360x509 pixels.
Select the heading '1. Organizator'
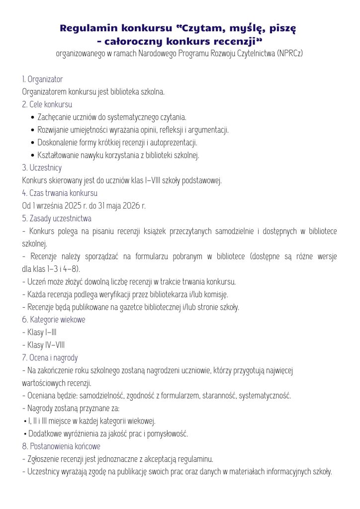(42, 79)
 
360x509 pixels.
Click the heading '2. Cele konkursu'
(47, 104)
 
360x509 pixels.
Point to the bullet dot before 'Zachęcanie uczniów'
(33, 117)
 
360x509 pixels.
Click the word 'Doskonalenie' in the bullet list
(56, 143)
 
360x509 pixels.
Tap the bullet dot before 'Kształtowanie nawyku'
(33, 155)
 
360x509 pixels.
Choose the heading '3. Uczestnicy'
(42, 168)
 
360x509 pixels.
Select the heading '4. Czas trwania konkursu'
(60, 193)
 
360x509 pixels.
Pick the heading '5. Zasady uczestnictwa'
(57, 218)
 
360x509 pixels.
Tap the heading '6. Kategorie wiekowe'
(53, 320)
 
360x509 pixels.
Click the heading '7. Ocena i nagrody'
(50, 357)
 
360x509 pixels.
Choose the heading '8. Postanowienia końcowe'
(61, 446)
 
